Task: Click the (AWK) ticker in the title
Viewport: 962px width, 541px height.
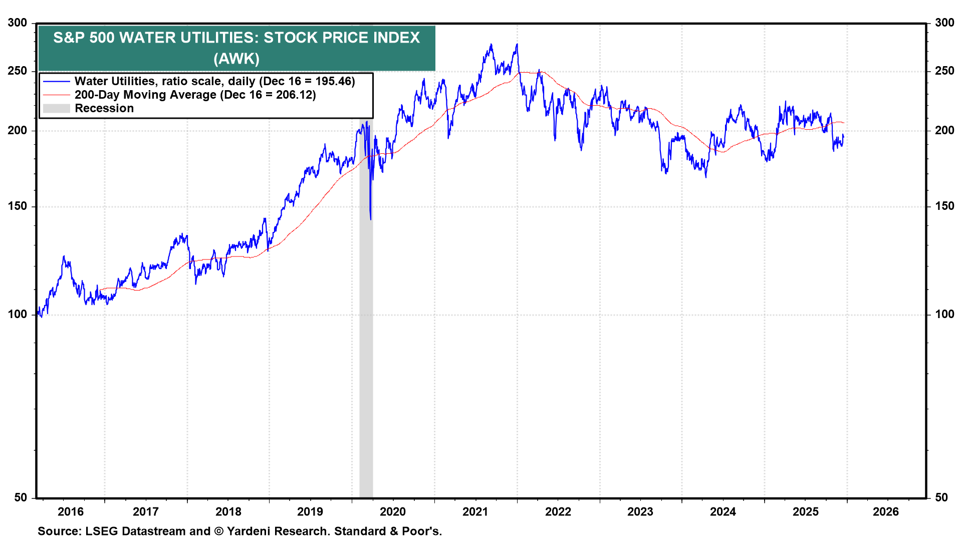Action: pyautogui.click(x=236, y=59)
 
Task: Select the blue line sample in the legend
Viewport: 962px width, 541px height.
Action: pyautogui.click(x=56, y=81)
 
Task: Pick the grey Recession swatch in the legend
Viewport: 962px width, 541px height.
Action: pyautogui.click(x=56, y=108)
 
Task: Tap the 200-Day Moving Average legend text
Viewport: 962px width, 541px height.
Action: pyautogui.click(x=145, y=95)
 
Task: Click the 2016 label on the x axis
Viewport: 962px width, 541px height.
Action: pyautogui.click(x=71, y=511)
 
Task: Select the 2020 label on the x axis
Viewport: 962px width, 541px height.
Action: pyautogui.click(x=392, y=511)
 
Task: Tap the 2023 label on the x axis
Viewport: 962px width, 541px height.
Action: pyautogui.click(x=640, y=511)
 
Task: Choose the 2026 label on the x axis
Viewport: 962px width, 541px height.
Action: pyautogui.click(x=885, y=511)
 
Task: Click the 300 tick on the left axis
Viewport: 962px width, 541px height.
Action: pyautogui.click(x=18, y=23)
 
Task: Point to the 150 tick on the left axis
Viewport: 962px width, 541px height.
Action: pyautogui.click(x=18, y=206)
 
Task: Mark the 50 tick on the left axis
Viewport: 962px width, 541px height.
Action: pyautogui.click(x=21, y=497)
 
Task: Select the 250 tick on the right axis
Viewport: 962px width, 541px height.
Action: pyautogui.click(x=944, y=71)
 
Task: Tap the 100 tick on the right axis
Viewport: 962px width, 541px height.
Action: pyautogui.click(x=944, y=314)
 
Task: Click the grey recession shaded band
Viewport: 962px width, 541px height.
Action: pyautogui.click(x=366, y=351)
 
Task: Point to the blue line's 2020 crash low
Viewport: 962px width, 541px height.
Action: pyautogui.click(x=371, y=219)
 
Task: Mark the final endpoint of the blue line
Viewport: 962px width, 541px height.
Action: pyautogui.click(x=844, y=135)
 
